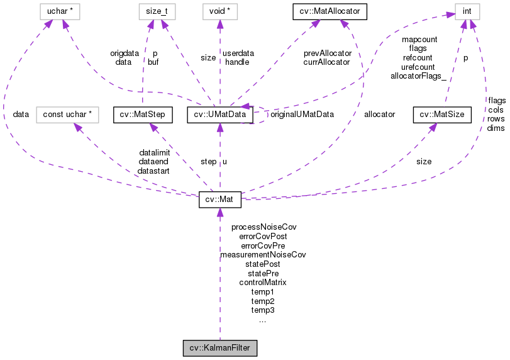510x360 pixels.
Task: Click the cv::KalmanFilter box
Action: click(219, 348)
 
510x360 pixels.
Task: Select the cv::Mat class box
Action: click(219, 199)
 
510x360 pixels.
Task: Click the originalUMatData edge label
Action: click(302, 115)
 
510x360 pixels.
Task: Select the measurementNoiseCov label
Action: click(263, 255)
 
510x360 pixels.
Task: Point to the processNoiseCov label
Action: click(263, 227)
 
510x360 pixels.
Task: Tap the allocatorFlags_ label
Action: click(418, 76)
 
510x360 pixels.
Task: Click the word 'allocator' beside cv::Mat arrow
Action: click(379, 115)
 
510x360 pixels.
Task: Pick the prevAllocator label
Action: click(327, 53)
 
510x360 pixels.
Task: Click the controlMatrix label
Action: click(263, 283)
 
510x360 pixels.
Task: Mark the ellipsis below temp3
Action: click(263, 320)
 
